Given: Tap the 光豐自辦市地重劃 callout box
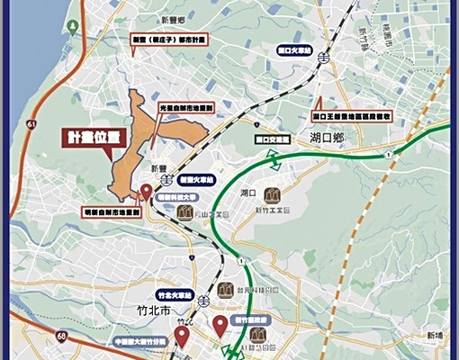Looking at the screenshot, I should tap(186, 107).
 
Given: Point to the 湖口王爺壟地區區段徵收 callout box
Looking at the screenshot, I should tap(351, 117).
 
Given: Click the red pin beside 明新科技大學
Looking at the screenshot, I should tap(146, 191).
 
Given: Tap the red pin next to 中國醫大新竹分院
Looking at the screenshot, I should tap(183, 337).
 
